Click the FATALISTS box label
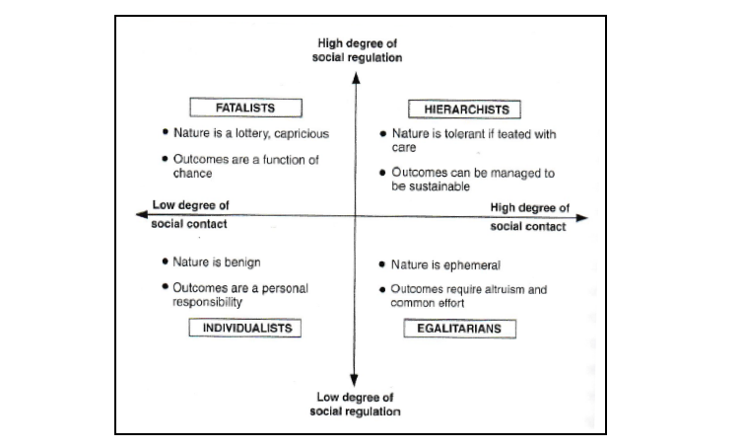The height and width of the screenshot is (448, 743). [x=246, y=108]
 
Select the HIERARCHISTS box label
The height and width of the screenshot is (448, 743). [x=464, y=110]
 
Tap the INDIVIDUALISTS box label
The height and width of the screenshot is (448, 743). [x=245, y=328]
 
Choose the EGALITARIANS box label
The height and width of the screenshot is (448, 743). [x=459, y=329]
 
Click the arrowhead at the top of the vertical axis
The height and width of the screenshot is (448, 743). [x=356, y=77]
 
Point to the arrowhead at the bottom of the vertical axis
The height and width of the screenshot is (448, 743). [x=354, y=380]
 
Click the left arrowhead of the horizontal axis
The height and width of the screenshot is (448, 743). [x=142, y=214]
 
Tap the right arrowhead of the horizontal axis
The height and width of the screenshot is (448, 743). [x=582, y=218]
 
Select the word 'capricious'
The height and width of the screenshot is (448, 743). [x=302, y=134]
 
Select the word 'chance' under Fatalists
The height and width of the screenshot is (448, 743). [x=192, y=174]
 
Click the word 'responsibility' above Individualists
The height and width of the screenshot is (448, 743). [x=207, y=302]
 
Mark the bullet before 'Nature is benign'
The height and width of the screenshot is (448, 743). [x=165, y=261]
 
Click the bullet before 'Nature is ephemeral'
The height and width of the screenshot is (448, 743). [x=382, y=264]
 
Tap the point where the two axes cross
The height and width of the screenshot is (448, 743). [x=355, y=216]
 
